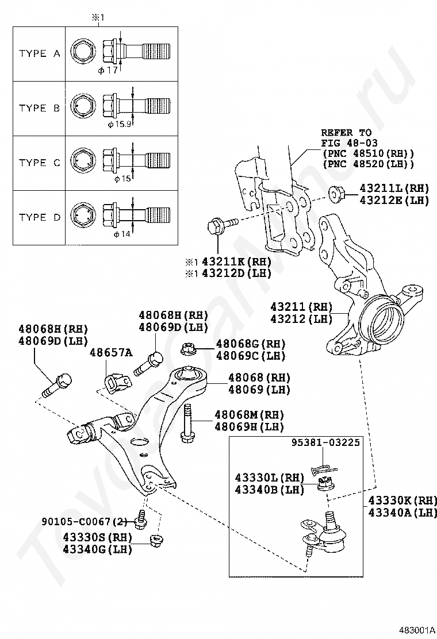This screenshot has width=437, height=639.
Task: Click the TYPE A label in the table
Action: coord(40,53)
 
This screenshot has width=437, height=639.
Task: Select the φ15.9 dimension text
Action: coord(120,124)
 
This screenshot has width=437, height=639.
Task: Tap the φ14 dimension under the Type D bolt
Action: coord(122,234)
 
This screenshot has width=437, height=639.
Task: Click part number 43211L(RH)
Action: coord(394,188)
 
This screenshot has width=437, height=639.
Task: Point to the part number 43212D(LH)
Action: coord(236,273)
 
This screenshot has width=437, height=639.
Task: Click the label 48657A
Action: coord(112,352)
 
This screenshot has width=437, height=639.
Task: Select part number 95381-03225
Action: coord(325,442)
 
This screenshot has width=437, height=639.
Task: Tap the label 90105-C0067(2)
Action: coord(85,521)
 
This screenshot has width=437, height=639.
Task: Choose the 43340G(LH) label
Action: coord(97,549)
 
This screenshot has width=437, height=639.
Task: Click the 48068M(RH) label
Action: coord(249,415)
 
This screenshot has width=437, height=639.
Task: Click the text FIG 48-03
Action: coord(349,143)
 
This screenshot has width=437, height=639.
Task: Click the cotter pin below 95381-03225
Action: coord(323,470)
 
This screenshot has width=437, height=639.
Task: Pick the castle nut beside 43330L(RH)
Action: coord(326,484)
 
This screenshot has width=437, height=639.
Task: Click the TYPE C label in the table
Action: coord(40,163)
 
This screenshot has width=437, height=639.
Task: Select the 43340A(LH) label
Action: coord(402,512)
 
